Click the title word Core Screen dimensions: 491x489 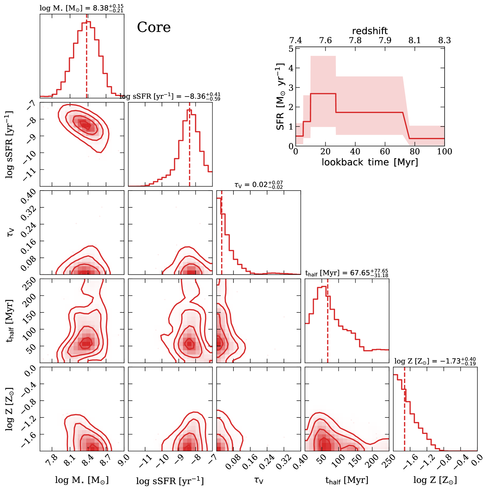tap(154, 27)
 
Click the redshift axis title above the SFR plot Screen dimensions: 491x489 tap(370, 31)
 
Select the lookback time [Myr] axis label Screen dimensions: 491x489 tap(370, 162)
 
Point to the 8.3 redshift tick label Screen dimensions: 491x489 tap(444, 40)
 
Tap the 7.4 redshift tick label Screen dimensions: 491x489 tap(296, 40)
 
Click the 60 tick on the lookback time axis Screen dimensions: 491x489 tap(385, 152)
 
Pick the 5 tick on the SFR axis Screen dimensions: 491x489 tap(291, 49)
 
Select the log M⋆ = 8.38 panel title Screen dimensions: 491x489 tap(82, 8)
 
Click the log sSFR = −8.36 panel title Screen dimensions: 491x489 tap(170, 96)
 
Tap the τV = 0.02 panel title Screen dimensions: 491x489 tap(258, 185)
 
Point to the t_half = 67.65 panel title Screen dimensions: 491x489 tap(347, 273)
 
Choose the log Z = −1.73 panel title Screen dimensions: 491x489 tap(435, 361)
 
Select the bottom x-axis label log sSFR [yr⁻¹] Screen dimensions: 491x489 tap(170, 481)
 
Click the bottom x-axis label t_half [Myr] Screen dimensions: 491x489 tap(347, 480)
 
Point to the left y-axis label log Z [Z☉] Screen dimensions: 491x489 tap(10, 410)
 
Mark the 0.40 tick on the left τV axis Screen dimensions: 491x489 tap(29, 197)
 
